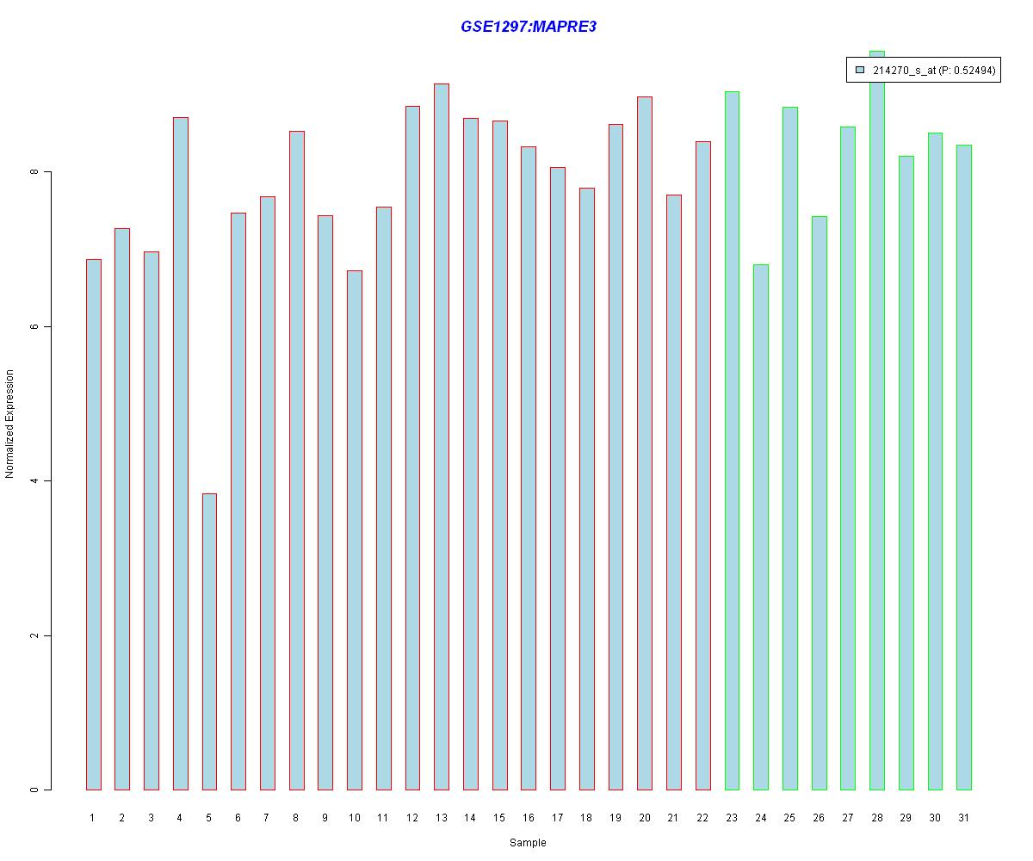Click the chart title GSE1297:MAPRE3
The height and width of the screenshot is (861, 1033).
click(529, 27)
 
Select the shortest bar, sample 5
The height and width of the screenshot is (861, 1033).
click(209, 641)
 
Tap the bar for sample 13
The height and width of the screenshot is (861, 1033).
click(442, 437)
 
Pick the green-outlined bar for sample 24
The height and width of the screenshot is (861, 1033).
click(761, 527)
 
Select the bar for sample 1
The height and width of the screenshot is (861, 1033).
click(93, 524)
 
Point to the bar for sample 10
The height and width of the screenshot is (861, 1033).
click(355, 530)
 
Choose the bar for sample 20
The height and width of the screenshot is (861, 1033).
click(645, 443)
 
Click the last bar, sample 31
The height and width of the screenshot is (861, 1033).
click(964, 468)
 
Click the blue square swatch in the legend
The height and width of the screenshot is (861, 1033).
click(859, 70)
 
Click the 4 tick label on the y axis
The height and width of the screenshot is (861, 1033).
click(34, 481)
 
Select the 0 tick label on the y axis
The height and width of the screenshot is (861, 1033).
click(34, 790)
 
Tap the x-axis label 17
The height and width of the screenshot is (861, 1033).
click(558, 818)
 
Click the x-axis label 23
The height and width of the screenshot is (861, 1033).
click(732, 818)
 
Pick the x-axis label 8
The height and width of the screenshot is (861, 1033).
click(296, 818)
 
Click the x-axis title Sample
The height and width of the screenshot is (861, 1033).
click(528, 843)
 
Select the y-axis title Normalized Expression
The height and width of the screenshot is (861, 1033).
click(10, 424)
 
